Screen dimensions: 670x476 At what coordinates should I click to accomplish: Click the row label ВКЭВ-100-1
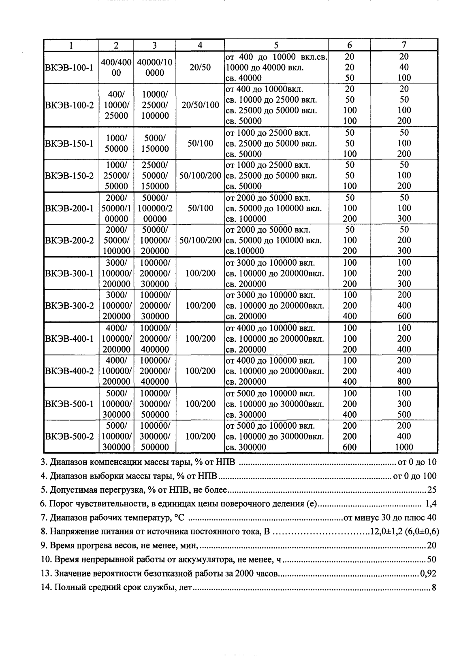tap(68, 67)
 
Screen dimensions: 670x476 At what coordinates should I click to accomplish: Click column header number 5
tap(276, 45)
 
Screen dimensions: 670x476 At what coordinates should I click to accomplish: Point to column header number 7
tap(404, 45)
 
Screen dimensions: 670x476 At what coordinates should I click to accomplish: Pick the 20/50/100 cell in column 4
tap(200, 105)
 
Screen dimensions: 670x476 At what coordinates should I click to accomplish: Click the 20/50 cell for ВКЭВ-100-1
tap(200, 67)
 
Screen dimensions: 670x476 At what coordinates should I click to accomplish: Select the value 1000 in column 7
tap(404, 447)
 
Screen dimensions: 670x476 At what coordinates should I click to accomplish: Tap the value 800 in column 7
tap(404, 382)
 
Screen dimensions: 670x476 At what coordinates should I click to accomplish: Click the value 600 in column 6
tap(350, 447)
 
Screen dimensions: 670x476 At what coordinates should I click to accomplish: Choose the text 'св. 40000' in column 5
tap(243, 78)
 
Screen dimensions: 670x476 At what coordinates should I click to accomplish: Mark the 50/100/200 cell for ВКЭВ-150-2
tap(200, 176)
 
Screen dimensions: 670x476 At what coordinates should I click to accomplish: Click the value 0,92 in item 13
tap(428, 574)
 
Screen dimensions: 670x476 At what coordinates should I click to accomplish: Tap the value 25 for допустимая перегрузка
tap(432, 490)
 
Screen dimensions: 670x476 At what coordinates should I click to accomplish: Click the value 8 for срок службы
tap(434, 588)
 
